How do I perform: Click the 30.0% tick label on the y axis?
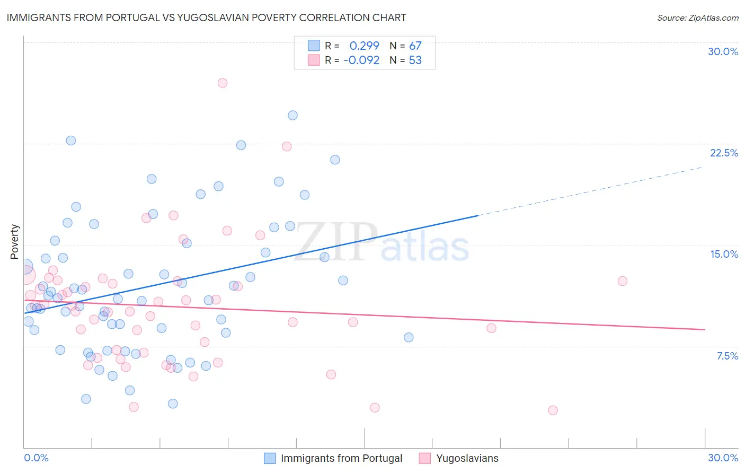(723, 51)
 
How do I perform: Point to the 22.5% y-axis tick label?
(724, 153)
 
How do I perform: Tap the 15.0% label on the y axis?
(724, 254)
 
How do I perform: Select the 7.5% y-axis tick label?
(727, 356)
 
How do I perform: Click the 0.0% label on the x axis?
(36, 458)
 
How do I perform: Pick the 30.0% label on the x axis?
(723, 458)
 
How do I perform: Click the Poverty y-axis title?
(14, 242)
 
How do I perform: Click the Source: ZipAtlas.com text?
(697, 17)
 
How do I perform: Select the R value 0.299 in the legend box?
(364, 46)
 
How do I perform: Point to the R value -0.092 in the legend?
(361, 60)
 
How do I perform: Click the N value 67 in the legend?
(415, 46)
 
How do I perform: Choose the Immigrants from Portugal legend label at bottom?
(341, 458)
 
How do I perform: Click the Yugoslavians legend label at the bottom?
(467, 458)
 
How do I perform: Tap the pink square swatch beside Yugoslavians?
(424, 458)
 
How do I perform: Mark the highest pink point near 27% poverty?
(223, 83)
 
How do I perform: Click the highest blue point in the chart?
(292, 115)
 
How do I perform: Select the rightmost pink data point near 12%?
(623, 281)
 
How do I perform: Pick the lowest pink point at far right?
(553, 410)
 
